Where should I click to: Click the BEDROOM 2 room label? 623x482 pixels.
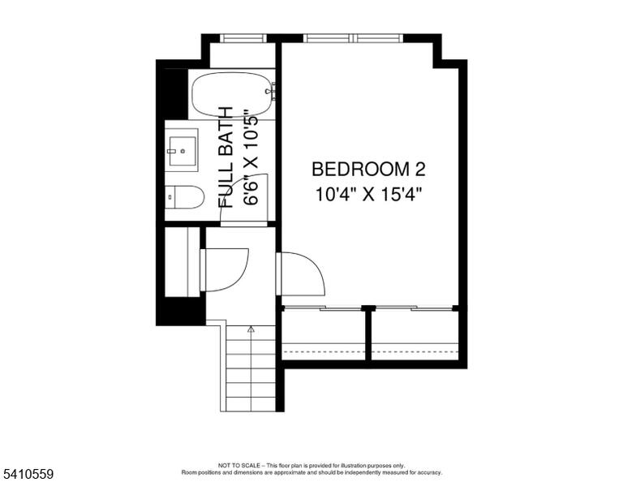(x=368, y=170)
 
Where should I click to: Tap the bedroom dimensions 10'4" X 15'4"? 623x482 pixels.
(x=368, y=195)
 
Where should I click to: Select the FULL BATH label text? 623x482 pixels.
(x=226, y=157)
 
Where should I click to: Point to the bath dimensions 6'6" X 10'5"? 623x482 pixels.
(x=251, y=157)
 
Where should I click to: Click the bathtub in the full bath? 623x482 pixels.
(x=233, y=95)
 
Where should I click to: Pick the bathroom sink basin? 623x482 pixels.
(x=183, y=151)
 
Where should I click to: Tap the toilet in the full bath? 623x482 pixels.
(x=184, y=197)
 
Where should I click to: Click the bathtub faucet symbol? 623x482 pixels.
(x=271, y=91)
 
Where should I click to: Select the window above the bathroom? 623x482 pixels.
(x=243, y=38)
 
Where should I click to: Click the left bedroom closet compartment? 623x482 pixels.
(x=324, y=334)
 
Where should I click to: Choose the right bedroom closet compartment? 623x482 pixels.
(x=415, y=334)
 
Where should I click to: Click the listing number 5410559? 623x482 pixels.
(x=28, y=474)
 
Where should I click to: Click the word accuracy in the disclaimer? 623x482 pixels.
(x=428, y=472)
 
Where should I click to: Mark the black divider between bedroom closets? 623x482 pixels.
(x=368, y=334)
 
